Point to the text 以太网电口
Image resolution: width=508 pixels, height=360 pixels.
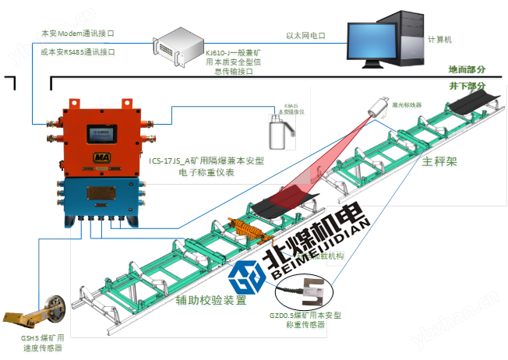pos(305,35)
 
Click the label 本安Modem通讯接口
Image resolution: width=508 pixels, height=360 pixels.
pos(78,34)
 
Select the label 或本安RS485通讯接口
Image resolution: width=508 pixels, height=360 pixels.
pos(78,51)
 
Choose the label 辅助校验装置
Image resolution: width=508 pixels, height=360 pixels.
pos(210,298)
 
